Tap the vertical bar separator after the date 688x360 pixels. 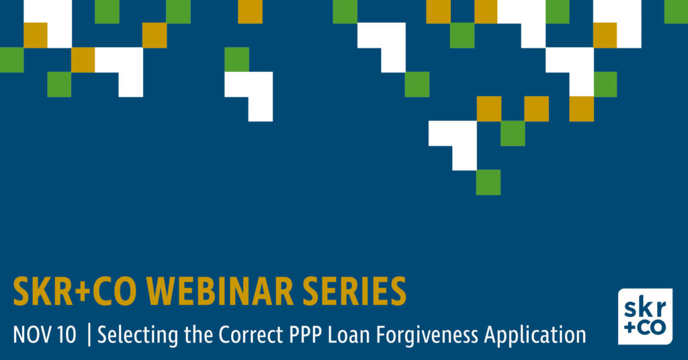89,335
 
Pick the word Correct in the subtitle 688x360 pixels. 251,335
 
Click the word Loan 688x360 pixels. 349,335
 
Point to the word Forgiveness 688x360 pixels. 427,336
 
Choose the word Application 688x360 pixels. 535,336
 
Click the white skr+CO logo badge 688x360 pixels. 645,316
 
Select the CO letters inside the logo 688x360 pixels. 651,328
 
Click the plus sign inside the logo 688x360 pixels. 630,328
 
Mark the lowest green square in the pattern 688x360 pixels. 488,183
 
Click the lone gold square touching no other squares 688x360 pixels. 250,11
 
